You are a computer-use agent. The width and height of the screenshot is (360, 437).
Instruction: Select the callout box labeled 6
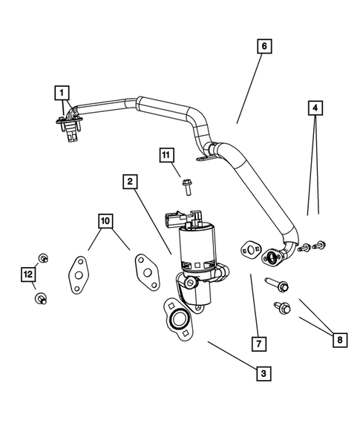[263, 45]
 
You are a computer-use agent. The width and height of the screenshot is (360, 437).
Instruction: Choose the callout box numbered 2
[130, 181]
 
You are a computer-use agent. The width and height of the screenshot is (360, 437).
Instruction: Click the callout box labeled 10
[106, 220]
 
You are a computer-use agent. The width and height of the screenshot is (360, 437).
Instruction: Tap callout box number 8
[340, 339]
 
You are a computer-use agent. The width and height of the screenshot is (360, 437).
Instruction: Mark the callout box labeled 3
[261, 374]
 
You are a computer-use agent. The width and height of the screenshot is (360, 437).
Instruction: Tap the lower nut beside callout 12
[41, 298]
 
